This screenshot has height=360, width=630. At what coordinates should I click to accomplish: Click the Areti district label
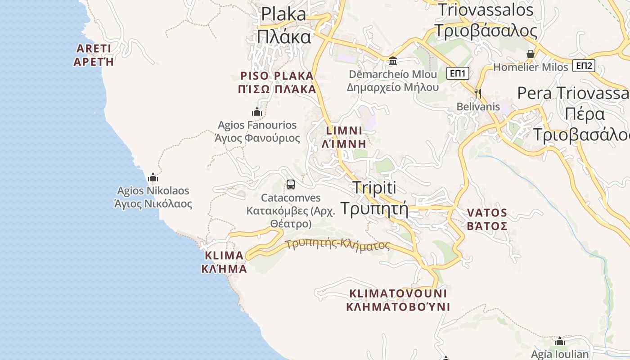point(94,55)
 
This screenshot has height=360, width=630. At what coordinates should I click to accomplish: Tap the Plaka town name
point(284,25)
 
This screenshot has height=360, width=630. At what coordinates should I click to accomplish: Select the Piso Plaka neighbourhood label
point(277,82)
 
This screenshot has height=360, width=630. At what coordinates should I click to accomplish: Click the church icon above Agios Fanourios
point(257,112)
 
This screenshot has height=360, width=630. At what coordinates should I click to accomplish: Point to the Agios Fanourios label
point(257,131)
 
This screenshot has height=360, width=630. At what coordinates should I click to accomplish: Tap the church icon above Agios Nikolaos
point(153,177)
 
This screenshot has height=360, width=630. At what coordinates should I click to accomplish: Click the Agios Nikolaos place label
point(153,197)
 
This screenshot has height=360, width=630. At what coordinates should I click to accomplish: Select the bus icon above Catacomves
point(291,184)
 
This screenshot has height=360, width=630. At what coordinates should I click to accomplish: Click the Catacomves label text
point(291,210)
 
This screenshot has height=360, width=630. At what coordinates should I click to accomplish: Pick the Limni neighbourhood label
point(344,137)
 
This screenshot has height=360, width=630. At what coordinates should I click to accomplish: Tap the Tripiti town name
point(374,198)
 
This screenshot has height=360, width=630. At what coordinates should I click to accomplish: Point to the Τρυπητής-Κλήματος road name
point(337,245)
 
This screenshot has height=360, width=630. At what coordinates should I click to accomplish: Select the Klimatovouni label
point(398,300)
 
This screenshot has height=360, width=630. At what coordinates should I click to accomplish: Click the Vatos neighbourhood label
point(487,219)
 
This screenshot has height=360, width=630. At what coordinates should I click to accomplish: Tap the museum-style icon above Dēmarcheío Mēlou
point(393,61)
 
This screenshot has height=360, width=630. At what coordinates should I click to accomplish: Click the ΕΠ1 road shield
point(459,73)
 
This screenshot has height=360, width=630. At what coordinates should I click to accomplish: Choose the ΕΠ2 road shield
point(584,66)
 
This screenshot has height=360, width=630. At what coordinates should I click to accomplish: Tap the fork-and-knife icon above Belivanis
point(478,93)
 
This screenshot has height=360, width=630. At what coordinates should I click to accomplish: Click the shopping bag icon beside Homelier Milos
point(531,54)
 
